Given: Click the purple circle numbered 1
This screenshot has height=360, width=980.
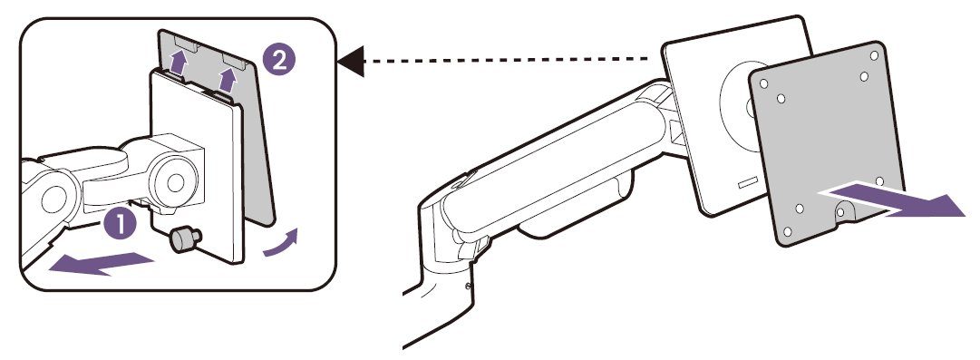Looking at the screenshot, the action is tap(119, 225).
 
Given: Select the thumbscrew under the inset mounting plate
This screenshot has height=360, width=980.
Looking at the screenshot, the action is tap(185, 240).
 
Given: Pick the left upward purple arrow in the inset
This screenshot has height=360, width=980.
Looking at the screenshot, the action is tap(180, 63).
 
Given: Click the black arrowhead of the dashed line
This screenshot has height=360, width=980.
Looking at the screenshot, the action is tap(351, 61).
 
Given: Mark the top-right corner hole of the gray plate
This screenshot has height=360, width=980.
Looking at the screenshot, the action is tap(874, 55).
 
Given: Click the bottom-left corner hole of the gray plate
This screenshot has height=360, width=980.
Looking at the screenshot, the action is tap(787, 231).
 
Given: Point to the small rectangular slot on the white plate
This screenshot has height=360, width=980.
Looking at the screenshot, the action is tap(748, 183).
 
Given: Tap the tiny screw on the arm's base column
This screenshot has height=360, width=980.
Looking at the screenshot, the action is tap(470, 287).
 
